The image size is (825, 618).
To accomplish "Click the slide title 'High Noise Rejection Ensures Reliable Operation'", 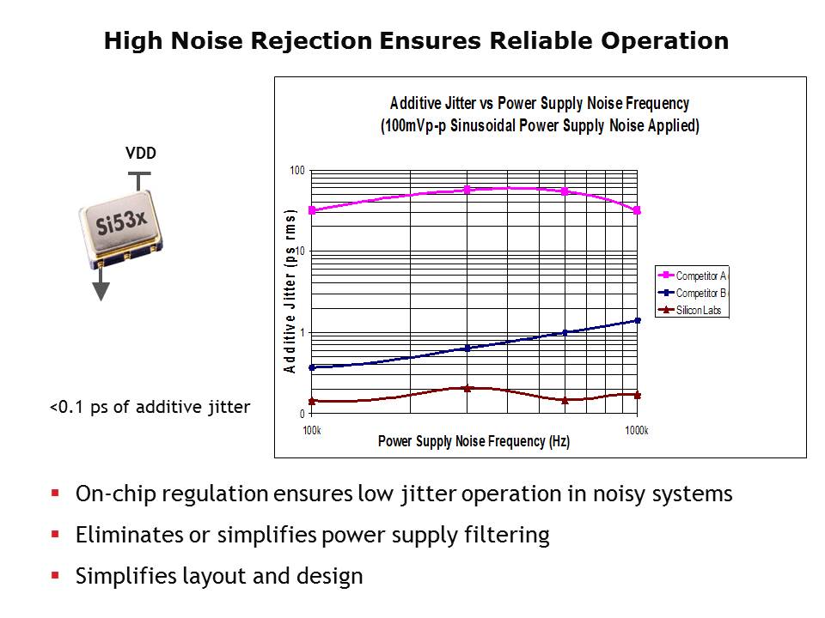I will click(416, 41).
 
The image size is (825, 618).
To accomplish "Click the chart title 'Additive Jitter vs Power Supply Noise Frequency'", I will click(540, 103).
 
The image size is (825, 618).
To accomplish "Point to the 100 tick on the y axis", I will click(297, 170).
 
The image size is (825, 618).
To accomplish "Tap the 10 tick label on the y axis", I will click(300, 251).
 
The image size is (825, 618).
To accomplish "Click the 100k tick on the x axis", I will click(312, 430).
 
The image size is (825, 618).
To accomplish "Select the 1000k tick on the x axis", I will click(636, 430).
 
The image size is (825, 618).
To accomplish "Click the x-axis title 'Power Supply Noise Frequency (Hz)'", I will click(474, 442).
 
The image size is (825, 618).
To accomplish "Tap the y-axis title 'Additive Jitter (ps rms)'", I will click(290, 291).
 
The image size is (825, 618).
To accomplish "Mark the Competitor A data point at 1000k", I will click(637, 210).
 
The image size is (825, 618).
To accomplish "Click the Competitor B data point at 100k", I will click(312, 367).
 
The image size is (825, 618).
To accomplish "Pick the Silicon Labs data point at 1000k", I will click(637, 395).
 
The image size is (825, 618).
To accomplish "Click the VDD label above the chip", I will click(141, 154).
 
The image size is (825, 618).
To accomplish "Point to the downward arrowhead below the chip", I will click(101, 291).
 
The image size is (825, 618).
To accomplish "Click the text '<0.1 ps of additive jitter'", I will click(150, 407).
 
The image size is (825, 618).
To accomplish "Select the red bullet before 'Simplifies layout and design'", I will click(55, 575).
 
